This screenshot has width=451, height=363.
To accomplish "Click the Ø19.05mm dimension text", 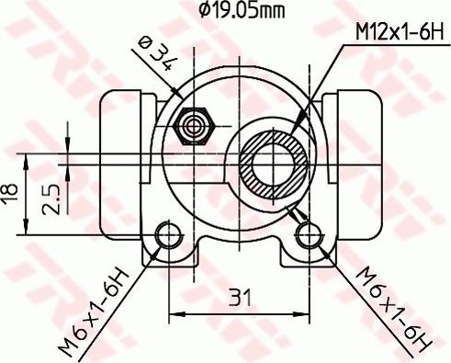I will tap(240, 10).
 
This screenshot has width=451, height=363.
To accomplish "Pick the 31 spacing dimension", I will tap(240, 298).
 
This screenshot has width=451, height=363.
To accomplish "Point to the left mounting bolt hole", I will tap(169, 235).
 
